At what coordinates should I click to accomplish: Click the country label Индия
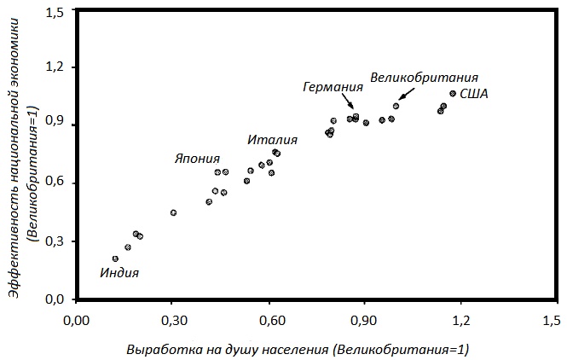(119, 274)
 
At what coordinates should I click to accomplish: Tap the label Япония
(197, 159)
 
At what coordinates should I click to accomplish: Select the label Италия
(273, 140)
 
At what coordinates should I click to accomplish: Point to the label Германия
(333, 87)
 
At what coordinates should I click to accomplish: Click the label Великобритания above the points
(424, 77)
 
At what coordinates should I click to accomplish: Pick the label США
(474, 94)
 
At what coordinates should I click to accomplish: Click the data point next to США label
(453, 93)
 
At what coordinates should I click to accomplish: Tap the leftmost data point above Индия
(115, 258)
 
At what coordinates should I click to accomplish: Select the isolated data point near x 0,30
(173, 212)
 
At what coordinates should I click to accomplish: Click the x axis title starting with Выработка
(298, 350)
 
